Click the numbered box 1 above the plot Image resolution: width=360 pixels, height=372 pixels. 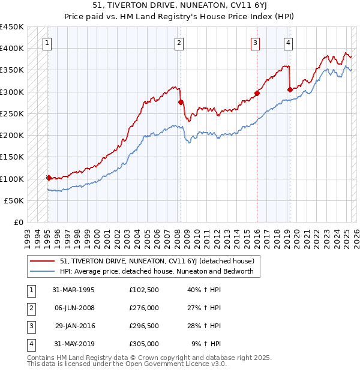click(x=47, y=43)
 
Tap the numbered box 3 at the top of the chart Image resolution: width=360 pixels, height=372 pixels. click(x=255, y=43)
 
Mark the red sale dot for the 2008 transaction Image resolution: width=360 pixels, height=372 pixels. click(x=181, y=102)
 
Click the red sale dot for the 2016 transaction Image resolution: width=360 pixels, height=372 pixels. click(x=257, y=93)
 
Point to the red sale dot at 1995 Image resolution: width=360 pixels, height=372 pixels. click(x=49, y=178)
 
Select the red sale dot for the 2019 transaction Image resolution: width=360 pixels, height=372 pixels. click(x=290, y=89)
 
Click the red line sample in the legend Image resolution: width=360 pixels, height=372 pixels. click(x=42, y=261)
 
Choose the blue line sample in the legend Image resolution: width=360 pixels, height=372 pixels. click(x=42, y=271)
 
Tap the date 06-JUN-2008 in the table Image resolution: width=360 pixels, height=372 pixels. click(x=74, y=307)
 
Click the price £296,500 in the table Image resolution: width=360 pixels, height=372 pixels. click(x=144, y=326)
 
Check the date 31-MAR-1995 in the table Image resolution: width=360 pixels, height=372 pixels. click(x=74, y=289)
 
